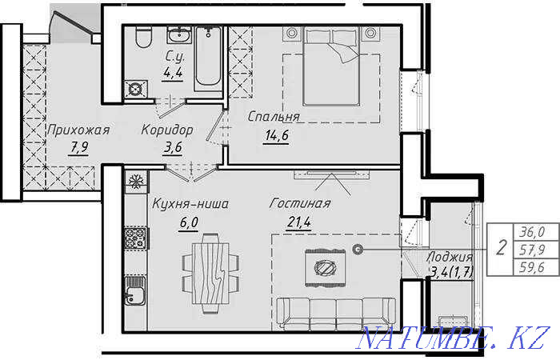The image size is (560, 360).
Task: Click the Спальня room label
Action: point(274,117)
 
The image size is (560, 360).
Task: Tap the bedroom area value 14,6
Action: point(277,136)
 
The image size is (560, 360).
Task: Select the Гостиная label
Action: point(300,203)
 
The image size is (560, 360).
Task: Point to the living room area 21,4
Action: point(299,222)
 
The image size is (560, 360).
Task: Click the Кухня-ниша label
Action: point(190,204)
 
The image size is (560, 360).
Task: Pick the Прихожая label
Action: point(78,130)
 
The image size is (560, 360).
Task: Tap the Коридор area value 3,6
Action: point(173,147)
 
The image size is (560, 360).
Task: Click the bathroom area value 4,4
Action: point(173,73)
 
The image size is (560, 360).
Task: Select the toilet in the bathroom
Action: point(143,38)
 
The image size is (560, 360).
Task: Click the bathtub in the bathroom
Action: point(208,58)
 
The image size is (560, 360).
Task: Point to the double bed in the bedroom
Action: point(331,66)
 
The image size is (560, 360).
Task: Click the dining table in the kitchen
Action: point(210,274)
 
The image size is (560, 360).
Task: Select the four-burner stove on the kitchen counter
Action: point(135,238)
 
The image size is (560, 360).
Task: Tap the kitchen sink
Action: point(135,290)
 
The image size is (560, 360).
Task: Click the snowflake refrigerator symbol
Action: point(136,182)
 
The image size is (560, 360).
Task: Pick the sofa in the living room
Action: point(336,314)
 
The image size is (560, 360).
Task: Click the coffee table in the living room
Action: point(326,268)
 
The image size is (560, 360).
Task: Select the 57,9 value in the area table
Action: point(532,250)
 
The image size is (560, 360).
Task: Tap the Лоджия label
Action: point(450,257)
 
